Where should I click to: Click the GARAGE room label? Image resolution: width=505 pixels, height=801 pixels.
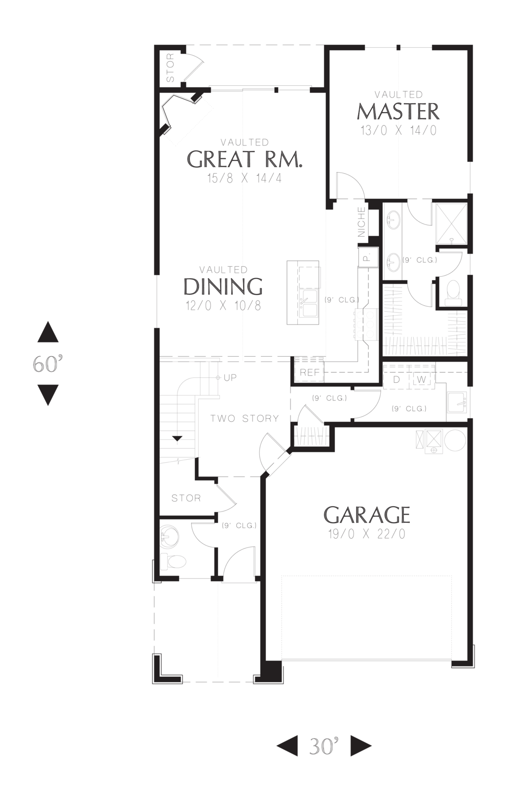click(x=366, y=514)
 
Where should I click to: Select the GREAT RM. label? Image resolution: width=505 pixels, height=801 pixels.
click(x=245, y=159)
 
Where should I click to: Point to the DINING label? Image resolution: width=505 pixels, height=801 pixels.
click(x=223, y=286)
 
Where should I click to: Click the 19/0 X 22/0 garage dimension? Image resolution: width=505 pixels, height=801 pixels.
click(x=366, y=534)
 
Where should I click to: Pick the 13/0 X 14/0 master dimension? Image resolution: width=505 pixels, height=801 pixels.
click(x=398, y=130)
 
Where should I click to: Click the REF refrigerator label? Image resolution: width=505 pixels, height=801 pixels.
click(x=310, y=372)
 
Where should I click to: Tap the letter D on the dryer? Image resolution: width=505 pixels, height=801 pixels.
click(x=397, y=379)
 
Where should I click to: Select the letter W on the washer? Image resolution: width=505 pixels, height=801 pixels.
click(x=422, y=379)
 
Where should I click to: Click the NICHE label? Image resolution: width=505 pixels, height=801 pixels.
click(x=361, y=222)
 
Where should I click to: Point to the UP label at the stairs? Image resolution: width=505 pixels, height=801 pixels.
click(x=230, y=378)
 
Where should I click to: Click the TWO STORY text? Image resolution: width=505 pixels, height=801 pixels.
click(x=245, y=418)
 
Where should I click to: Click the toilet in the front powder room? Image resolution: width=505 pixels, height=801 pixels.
click(x=173, y=562)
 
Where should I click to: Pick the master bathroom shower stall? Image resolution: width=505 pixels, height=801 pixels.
click(x=451, y=223)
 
